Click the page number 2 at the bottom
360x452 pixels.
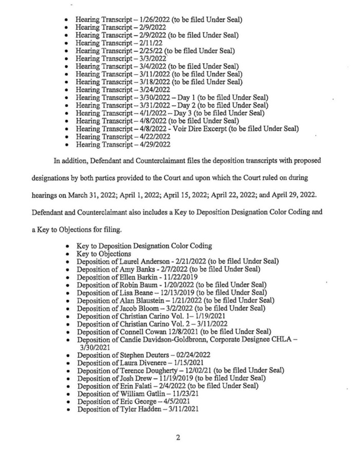point(178,438)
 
